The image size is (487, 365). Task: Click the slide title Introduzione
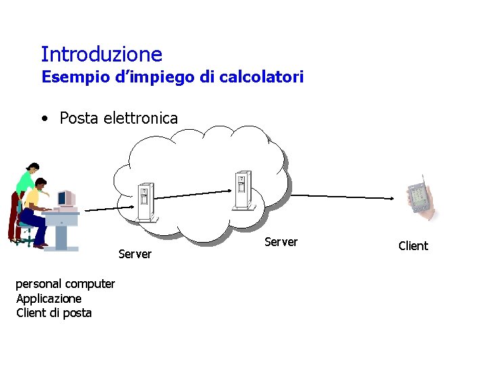[x=101, y=54]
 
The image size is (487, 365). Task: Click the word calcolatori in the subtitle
[x=260, y=77]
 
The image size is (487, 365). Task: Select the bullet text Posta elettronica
[x=118, y=118]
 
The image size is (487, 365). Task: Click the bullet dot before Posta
[x=44, y=119]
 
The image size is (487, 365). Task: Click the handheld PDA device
[x=420, y=197]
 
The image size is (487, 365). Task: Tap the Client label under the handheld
[x=413, y=246]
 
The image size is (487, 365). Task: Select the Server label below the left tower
[x=135, y=254]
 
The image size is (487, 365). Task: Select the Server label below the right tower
[x=281, y=242]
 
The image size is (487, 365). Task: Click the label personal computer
[x=65, y=284]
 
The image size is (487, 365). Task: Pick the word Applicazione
[x=49, y=298]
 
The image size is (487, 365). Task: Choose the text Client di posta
[x=54, y=312]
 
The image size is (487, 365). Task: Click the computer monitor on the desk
[x=66, y=199]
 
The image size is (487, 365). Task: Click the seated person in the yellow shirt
[x=34, y=203]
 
